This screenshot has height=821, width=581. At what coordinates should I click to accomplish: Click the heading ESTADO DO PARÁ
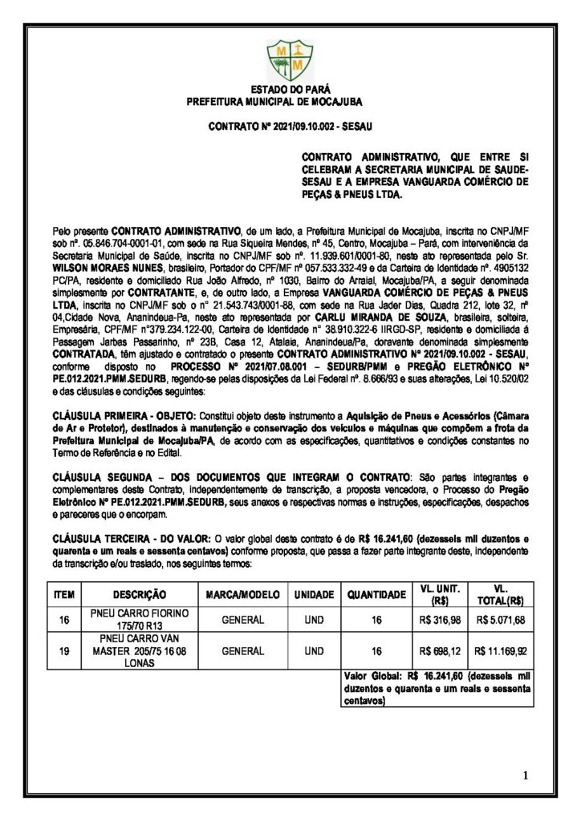(x=290, y=91)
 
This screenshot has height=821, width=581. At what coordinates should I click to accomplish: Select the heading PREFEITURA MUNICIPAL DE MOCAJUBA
(x=290, y=103)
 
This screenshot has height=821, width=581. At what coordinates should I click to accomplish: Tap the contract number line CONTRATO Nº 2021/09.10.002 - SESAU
(x=290, y=127)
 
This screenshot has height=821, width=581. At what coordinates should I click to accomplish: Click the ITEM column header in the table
(x=63, y=595)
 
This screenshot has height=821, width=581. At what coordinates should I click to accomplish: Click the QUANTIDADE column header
(x=376, y=595)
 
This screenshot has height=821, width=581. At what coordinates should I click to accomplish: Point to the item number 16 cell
(x=63, y=620)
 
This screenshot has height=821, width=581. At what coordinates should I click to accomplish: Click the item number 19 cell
(x=63, y=652)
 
